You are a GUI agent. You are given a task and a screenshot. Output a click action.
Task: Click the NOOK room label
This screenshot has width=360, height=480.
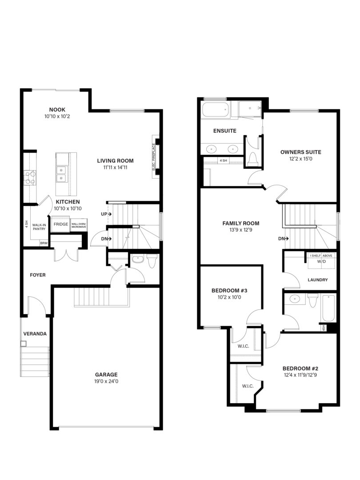pyautogui.click(x=57, y=110)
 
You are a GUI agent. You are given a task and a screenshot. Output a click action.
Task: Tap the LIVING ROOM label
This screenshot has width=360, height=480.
pyautogui.click(x=116, y=161)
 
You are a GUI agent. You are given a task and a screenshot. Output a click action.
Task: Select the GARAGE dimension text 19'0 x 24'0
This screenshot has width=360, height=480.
pyautogui.click(x=106, y=381)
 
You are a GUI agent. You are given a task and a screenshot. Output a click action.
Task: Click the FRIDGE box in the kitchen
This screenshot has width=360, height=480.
pyautogui.click(x=61, y=224)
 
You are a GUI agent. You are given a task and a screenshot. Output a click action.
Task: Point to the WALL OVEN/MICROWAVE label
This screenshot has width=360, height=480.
pyautogui.click(x=79, y=225)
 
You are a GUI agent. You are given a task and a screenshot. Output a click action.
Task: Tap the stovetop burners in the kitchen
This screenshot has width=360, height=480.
pyautogui.click(x=30, y=178)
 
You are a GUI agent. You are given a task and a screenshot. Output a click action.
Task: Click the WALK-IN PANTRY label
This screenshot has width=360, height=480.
pyautogui.click(x=39, y=227)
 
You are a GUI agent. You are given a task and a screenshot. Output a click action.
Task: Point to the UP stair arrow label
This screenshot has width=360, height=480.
pyautogui.click(x=106, y=214)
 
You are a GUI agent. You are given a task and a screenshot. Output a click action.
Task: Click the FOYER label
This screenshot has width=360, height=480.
pyautogui.click(x=38, y=275)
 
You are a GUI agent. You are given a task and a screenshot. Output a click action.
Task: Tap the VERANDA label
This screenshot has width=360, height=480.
pyautogui.click(x=35, y=334)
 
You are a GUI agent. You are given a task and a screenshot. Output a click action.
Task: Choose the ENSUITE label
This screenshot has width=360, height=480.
pyautogui.click(x=225, y=131)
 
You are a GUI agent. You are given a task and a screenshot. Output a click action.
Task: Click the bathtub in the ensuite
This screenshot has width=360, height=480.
pyautogui.click(x=216, y=110)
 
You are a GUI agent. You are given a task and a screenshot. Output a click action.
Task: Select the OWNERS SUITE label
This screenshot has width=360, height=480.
pyautogui.click(x=301, y=152)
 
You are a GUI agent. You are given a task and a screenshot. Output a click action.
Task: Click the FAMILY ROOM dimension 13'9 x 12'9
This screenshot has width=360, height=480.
pyautogui.click(x=241, y=230)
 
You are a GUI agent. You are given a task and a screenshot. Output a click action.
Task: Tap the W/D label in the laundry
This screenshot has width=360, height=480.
pyautogui.click(x=321, y=261)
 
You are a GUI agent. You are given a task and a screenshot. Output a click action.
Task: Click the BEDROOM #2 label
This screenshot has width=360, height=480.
pyautogui.click(x=300, y=368)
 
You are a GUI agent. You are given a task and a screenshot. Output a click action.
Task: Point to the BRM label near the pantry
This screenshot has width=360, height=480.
pyautogui.click(x=44, y=243)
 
